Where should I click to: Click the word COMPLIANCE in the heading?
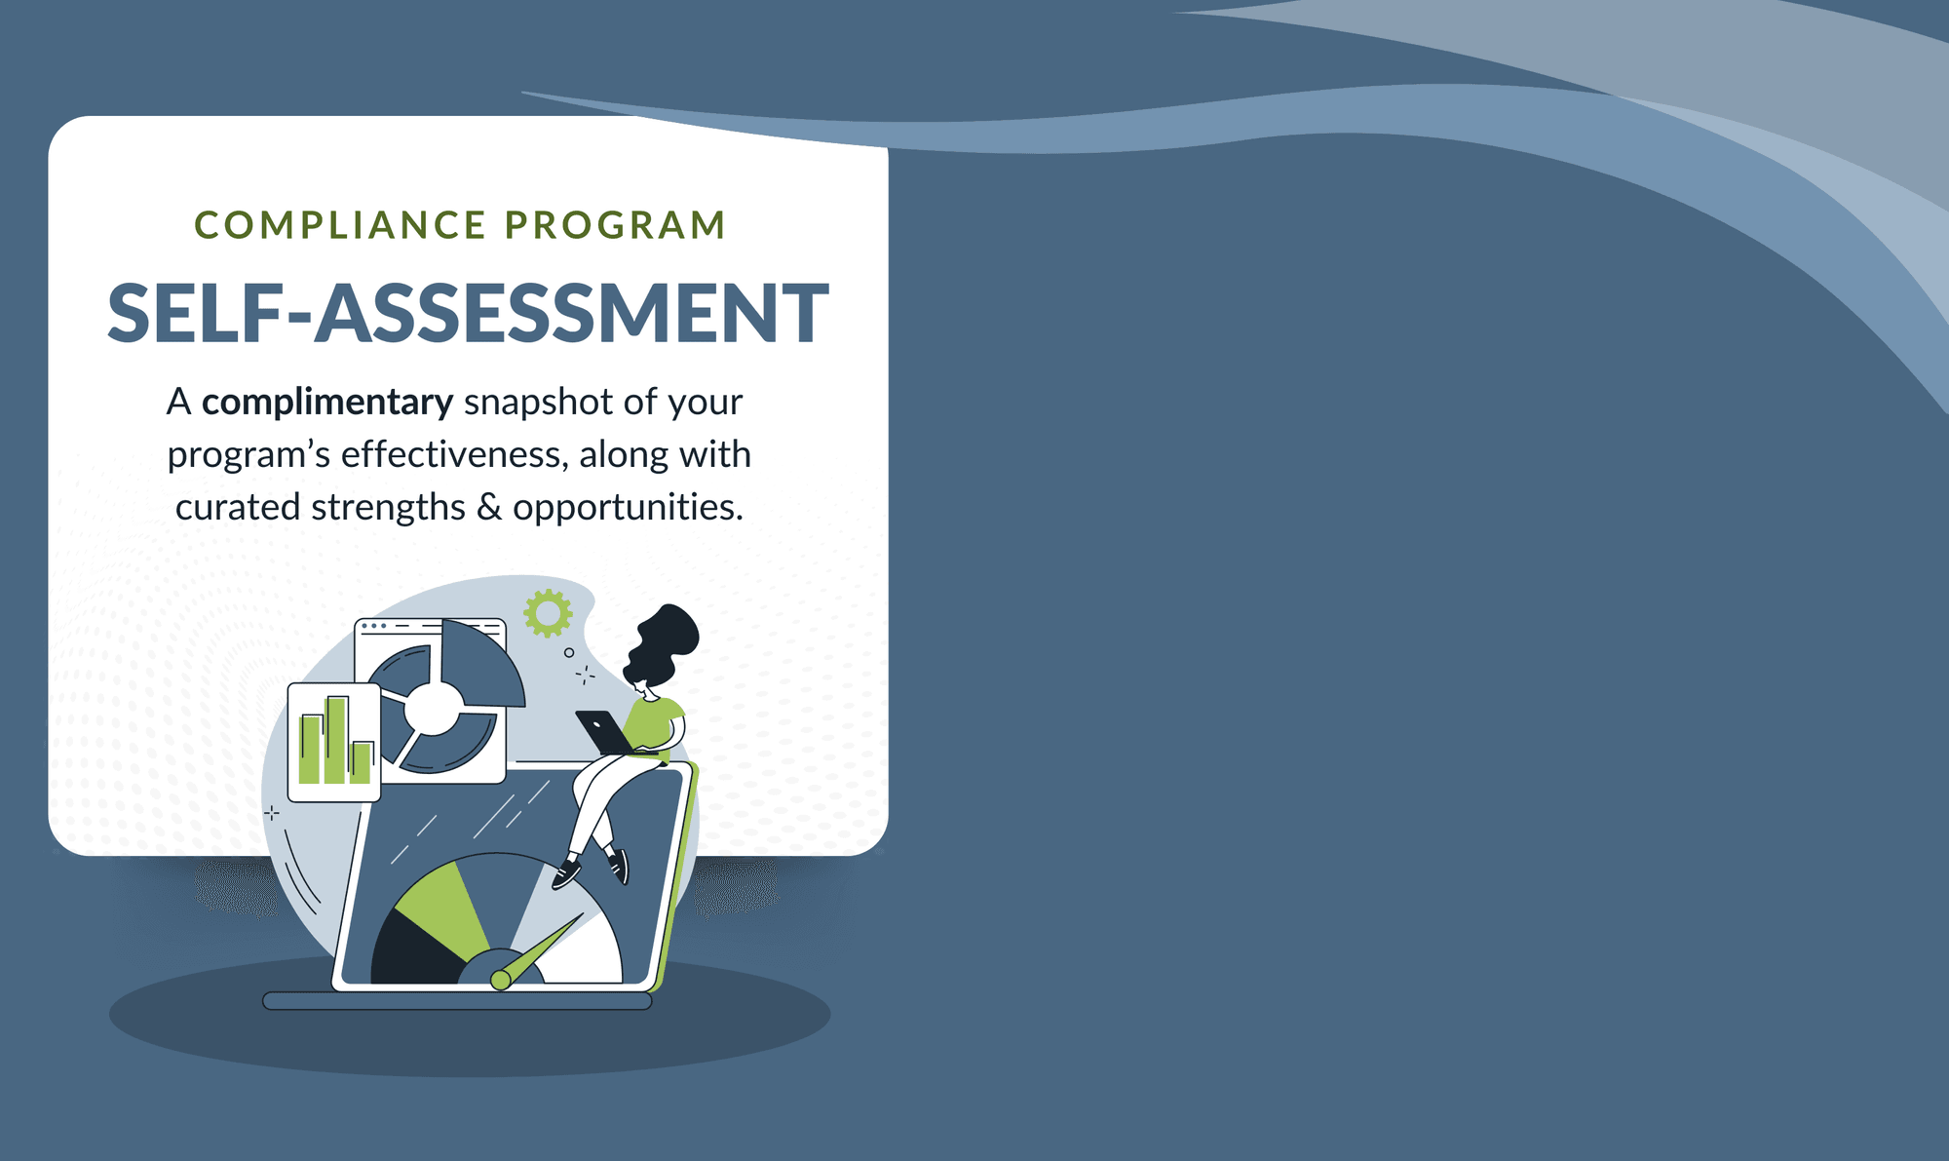[340, 225]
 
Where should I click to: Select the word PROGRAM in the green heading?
[615, 225]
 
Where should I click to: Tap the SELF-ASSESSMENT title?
[468, 313]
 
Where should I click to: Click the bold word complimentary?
[327, 403]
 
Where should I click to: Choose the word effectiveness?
[454, 454]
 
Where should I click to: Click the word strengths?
[388, 508]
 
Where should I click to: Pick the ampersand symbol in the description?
[489, 507]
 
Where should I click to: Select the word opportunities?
[628, 508]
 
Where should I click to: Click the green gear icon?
[548, 613]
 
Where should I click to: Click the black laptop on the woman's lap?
[605, 732]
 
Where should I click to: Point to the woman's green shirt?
[653, 724]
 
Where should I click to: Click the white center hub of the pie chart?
[433, 707]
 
